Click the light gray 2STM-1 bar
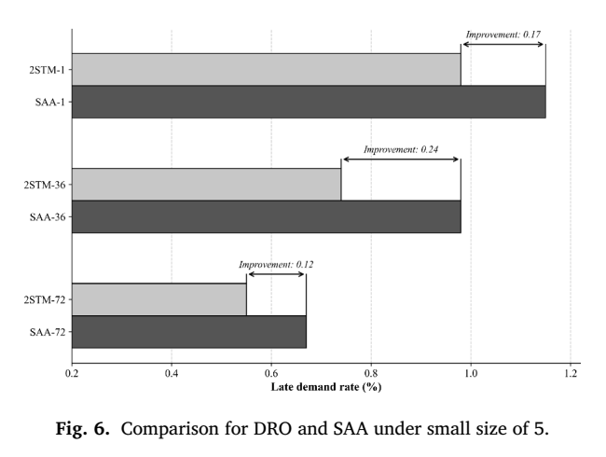tap(267, 70)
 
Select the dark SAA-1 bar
tap(309, 102)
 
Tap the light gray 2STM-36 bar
tap(207, 185)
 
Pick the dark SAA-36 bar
tap(267, 216)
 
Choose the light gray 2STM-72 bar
tap(159, 299)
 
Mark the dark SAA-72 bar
tap(189, 332)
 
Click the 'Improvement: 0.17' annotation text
tap(503, 35)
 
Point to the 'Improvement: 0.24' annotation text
tap(401, 149)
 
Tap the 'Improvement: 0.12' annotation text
tap(276, 265)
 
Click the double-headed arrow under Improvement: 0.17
tap(503, 44)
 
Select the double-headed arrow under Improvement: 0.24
tap(401, 159)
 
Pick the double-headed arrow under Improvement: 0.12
tap(276, 274)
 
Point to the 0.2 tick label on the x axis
tap(72, 373)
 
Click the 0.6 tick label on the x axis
tap(271, 373)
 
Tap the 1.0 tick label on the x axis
tap(471, 373)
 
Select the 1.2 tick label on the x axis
tap(571, 373)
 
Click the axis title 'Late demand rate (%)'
tap(326, 387)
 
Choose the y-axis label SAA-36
tap(48, 217)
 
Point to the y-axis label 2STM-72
tap(45, 300)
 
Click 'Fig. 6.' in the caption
tap(83, 428)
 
